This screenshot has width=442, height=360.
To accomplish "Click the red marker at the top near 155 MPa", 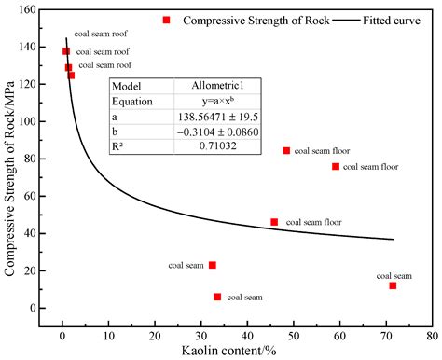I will (166, 20).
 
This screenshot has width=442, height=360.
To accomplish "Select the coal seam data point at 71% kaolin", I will (393, 285).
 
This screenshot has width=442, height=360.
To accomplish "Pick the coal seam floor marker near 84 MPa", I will (286, 150).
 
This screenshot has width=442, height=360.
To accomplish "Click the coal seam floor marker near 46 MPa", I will (274, 222).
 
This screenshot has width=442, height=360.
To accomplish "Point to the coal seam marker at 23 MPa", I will (213, 265).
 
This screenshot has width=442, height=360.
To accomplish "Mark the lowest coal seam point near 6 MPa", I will (217, 297).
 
